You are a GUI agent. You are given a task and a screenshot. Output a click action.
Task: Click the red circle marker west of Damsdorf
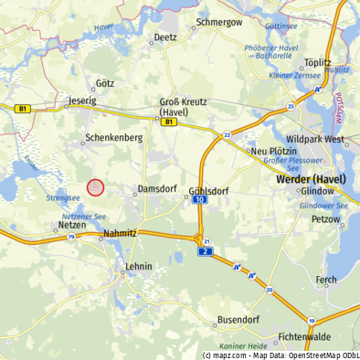[95, 187]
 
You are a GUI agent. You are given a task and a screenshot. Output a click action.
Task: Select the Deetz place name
[165, 38]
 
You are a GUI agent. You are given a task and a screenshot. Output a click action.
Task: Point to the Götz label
[104, 83]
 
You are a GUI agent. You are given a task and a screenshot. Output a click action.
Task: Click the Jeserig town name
[82, 101]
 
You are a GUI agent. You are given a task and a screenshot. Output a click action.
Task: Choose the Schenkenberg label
[113, 137]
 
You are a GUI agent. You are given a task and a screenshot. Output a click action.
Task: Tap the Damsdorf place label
[155, 189]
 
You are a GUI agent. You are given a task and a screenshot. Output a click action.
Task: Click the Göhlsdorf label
[208, 192]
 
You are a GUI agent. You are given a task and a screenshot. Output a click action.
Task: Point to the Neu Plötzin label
[271, 151]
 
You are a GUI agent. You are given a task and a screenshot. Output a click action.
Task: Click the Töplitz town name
[316, 63]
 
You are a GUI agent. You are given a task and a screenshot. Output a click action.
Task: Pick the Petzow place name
[325, 220]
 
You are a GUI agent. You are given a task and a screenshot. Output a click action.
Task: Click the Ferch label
[325, 280]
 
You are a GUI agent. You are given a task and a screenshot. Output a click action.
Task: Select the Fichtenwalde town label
[305, 337]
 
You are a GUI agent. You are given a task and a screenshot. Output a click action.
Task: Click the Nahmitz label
[121, 233]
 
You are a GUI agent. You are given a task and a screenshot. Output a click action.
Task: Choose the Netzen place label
[71, 224]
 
